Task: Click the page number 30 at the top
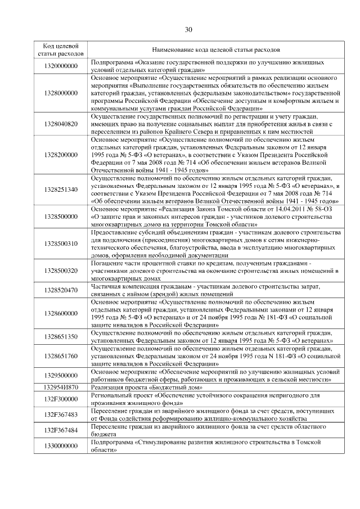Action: pos(188,30)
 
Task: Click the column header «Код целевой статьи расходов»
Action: pos(61,49)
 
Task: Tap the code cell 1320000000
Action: pos(61,66)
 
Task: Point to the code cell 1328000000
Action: pos(61,92)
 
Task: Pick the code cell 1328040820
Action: pos(61,124)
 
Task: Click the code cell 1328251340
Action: pos(61,190)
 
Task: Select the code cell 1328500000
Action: pos(61,217)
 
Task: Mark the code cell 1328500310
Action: pos(61,244)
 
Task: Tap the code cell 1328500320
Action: pos(61,271)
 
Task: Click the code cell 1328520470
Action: pos(61,290)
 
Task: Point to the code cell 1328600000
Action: pos(61,313)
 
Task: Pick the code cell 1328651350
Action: pos(61,336)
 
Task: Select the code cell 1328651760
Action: pos(61,356)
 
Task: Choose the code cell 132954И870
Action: pos(61,387)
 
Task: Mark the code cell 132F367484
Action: pos(61,430)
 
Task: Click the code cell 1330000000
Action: pos(61,445)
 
